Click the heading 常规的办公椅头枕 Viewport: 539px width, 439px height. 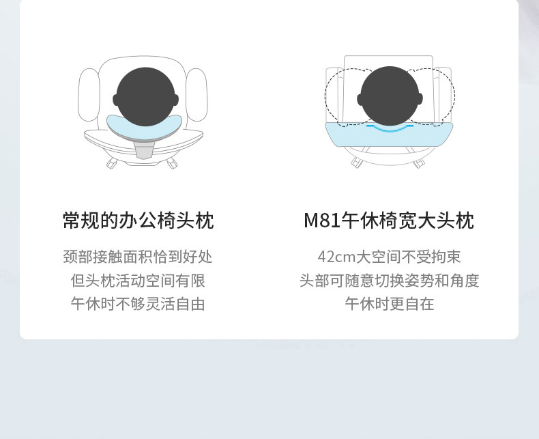138,221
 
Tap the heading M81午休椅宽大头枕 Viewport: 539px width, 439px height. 388,221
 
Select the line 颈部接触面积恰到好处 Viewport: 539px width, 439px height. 138,257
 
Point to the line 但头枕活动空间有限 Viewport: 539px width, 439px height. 138,281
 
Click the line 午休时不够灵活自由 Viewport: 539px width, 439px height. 138,304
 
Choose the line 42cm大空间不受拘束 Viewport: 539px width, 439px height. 389,257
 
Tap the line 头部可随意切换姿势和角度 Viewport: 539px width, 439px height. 389,281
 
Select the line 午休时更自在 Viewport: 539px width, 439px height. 389,304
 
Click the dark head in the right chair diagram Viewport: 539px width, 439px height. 389,96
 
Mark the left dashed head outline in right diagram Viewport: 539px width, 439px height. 338,96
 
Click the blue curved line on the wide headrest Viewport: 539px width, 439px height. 389,128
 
